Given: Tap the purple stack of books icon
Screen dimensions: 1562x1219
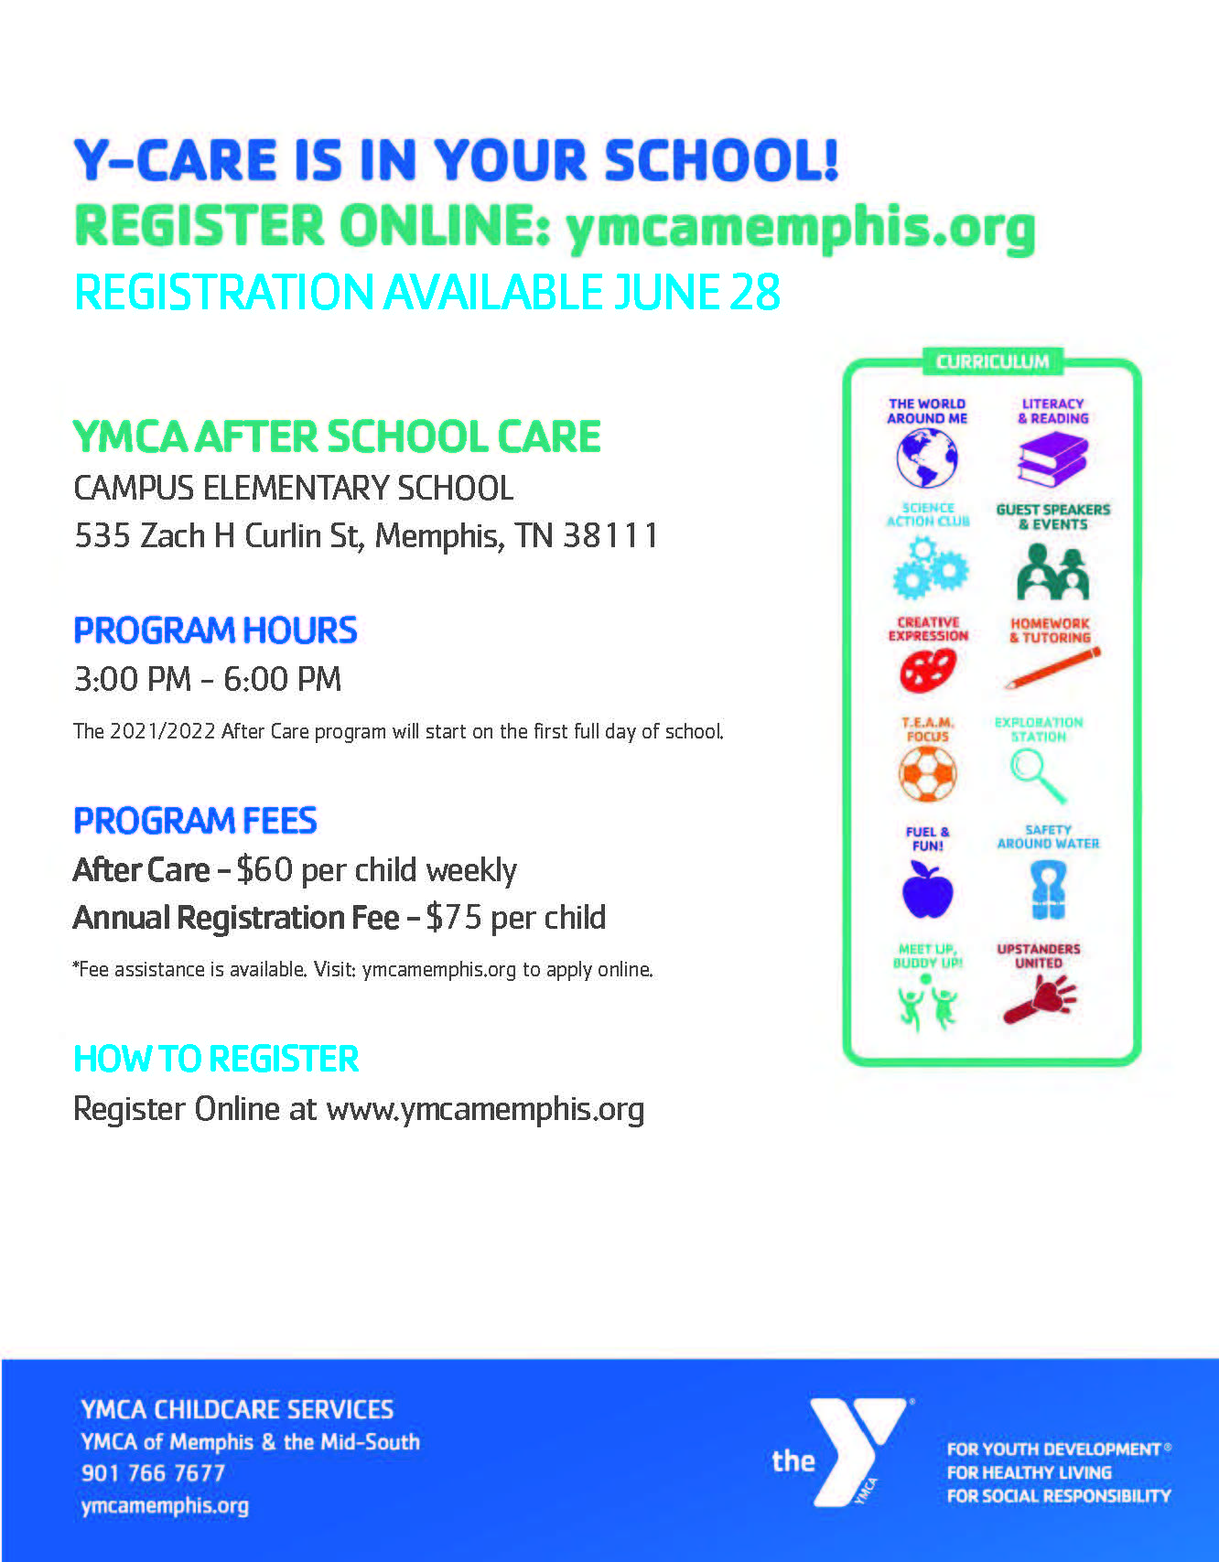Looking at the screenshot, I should point(1052,459).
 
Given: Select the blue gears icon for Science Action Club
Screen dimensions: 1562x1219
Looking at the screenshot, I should point(929,568).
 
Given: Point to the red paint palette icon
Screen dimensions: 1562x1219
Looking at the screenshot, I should point(927,671).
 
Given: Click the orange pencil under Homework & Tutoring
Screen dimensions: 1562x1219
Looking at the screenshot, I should point(1052,669).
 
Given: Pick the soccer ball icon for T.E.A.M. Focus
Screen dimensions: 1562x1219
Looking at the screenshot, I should point(927,774).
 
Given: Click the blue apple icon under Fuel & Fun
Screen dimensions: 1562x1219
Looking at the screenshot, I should point(927,890).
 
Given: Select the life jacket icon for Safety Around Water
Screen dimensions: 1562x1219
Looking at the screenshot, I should point(1048,890).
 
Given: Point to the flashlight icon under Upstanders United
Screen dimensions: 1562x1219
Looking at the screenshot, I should point(1040,1000).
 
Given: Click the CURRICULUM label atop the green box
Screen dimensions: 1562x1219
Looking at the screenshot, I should point(992,361).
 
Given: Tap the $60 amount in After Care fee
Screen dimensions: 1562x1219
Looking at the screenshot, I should point(264,869).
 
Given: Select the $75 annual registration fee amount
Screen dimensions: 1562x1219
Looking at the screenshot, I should point(454,918).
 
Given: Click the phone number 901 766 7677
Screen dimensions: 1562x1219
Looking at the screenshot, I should point(153,1473).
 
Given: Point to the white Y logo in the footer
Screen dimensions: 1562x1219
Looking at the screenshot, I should point(856,1450).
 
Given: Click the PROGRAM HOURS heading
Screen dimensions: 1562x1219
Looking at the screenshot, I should point(215,630).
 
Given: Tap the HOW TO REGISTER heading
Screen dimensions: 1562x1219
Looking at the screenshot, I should point(216,1059).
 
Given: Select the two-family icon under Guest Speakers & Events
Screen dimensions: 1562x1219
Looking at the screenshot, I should point(1052,571).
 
